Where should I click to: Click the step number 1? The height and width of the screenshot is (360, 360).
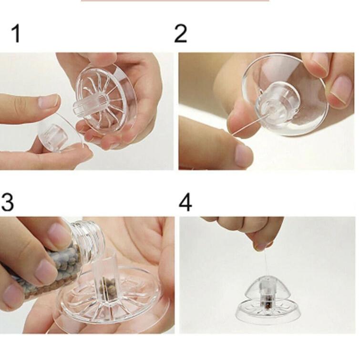click(16, 33)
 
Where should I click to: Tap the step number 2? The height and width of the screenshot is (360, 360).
click(180, 33)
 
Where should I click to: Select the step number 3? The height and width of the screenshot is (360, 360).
click(7, 202)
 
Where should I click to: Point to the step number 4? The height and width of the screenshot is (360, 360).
click(185, 202)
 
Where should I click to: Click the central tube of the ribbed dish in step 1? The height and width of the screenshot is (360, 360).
click(90, 104)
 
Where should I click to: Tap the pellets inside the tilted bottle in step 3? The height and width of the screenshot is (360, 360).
click(53, 270)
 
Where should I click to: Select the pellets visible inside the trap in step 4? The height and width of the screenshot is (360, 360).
click(267, 304)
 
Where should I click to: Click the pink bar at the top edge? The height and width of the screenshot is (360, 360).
click(175, 0)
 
